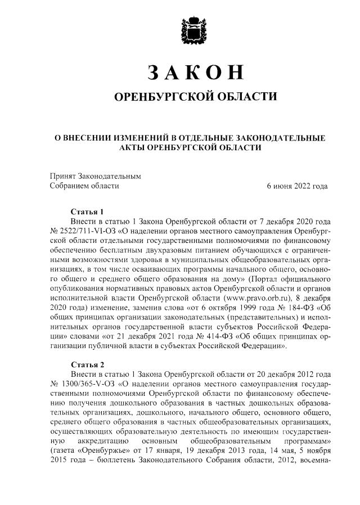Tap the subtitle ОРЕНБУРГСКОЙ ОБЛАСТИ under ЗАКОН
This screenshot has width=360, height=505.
[x=195, y=97]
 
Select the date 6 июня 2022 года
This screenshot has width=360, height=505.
[x=297, y=186]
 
